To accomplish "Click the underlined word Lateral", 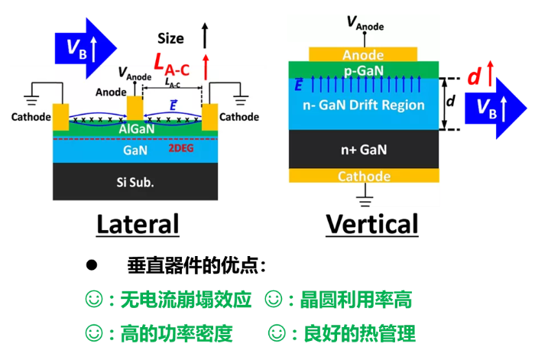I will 137,224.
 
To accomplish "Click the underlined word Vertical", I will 371,224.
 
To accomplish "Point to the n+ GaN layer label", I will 363,150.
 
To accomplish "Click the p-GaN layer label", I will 363,70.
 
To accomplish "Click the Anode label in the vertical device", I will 363,55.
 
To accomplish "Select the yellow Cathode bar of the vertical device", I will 363,177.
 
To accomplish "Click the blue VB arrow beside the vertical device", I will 489,107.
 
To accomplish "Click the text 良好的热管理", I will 358,333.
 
